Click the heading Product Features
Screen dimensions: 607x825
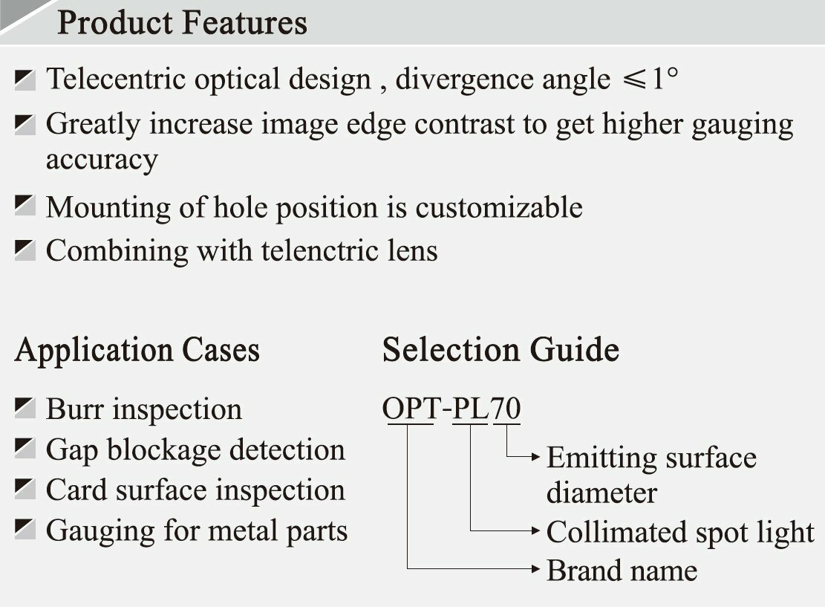(182, 22)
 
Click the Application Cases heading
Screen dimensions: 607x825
(137, 349)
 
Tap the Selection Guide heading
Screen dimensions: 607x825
(500, 349)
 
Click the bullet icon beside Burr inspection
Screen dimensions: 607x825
(25, 408)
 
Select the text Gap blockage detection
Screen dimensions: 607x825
(195, 449)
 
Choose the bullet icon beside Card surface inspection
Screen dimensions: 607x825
(25, 489)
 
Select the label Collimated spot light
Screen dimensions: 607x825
(680, 532)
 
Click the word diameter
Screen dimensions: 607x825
(601, 493)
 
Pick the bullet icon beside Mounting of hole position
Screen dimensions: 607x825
(25, 206)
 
